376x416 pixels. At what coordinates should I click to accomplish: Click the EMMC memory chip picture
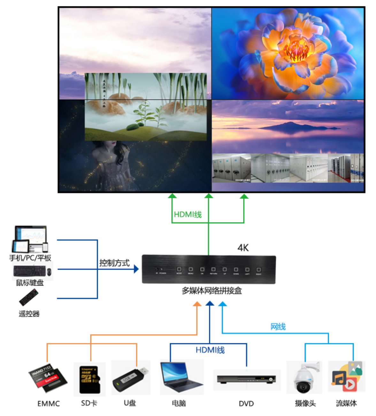click(48, 378)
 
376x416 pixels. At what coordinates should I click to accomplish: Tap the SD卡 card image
click(89, 379)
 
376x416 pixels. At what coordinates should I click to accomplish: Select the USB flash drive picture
click(130, 379)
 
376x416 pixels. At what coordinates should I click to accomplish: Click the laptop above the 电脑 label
click(181, 377)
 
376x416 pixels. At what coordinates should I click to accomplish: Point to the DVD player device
click(246, 379)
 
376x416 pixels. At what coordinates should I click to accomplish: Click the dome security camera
click(304, 378)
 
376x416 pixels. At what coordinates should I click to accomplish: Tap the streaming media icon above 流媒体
click(347, 377)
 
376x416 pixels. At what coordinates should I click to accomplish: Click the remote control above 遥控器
click(29, 297)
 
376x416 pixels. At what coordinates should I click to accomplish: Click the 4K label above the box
click(243, 248)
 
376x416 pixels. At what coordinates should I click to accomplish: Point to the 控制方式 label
click(114, 263)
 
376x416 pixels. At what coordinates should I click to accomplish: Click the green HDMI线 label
click(188, 215)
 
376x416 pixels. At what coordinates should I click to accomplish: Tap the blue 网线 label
click(278, 327)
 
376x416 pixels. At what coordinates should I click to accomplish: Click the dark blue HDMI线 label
click(210, 350)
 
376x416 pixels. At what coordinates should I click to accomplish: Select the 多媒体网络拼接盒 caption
click(211, 291)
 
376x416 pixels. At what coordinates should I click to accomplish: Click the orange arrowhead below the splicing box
click(197, 304)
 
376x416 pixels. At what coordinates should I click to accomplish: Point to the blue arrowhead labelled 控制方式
click(136, 269)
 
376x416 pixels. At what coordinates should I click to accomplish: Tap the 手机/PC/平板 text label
click(30, 258)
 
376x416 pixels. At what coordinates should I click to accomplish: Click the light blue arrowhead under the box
click(222, 304)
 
